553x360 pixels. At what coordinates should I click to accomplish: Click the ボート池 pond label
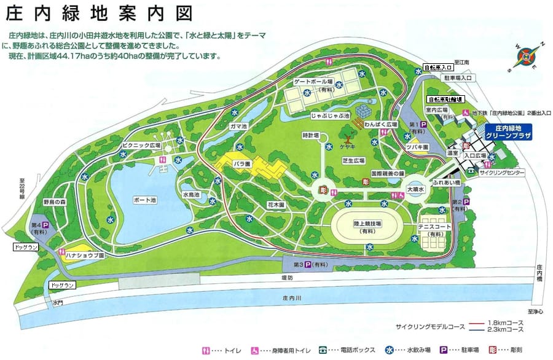pyautogui.click(x=144, y=200)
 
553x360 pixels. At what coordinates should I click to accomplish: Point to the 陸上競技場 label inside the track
pyautogui.click(x=367, y=224)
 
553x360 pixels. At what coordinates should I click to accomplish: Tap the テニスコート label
pyautogui.click(x=434, y=227)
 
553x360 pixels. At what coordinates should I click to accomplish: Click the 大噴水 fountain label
pyautogui.click(x=416, y=190)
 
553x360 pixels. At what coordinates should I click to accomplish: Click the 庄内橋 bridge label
pyautogui.click(x=539, y=273)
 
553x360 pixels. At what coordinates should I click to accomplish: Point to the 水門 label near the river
pyautogui.click(x=58, y=302)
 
